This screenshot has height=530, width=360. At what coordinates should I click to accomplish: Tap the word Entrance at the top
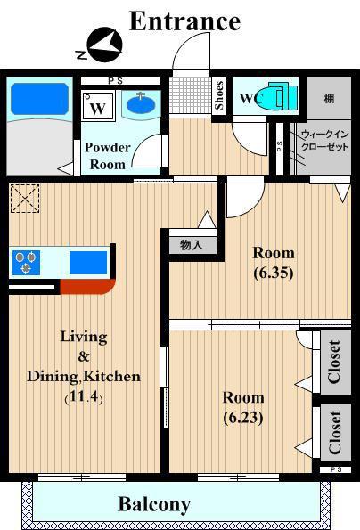185,21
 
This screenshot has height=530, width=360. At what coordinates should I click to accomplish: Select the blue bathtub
39,98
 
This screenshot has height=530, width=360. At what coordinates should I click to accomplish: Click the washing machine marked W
98,106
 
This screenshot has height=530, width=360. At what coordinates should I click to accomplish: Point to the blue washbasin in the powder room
141,102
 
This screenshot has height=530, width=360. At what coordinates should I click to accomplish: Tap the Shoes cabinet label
219,95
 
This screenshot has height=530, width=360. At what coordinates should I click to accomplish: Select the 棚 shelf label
329,98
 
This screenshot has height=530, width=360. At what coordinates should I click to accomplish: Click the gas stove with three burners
26,262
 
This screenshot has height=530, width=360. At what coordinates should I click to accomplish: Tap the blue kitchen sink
88,263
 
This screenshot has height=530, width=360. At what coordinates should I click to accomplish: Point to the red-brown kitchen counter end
87,287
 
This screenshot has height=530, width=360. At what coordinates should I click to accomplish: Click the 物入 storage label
192,245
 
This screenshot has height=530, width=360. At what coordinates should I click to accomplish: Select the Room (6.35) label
274,263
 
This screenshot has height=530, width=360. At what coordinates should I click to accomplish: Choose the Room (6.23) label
243,407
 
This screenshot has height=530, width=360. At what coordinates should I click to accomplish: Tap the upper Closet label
334,362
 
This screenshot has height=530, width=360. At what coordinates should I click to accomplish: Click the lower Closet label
335,432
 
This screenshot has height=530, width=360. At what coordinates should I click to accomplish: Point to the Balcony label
154,505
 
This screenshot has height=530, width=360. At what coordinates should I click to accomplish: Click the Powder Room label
108,156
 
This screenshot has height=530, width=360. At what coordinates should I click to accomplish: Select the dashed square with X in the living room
25,199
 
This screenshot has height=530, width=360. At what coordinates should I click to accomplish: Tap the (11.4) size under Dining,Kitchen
84,396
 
